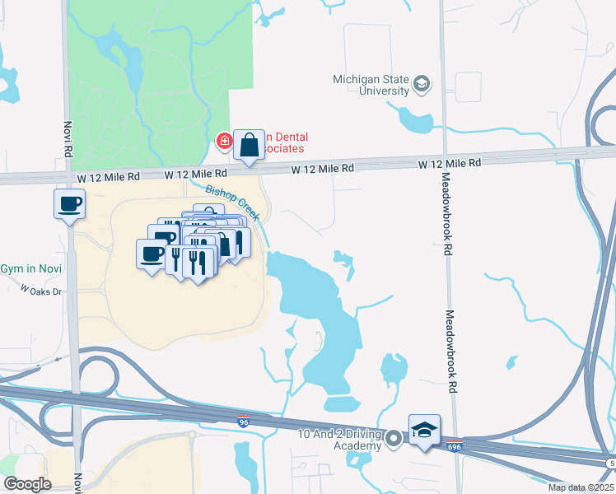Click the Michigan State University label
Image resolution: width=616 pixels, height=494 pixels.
[x=371, y=85]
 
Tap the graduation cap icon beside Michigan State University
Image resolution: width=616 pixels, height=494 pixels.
[x=422, y=84]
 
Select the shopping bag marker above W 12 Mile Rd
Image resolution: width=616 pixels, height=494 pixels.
[x=249, y=145]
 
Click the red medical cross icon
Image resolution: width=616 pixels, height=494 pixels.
[x=223, y=142]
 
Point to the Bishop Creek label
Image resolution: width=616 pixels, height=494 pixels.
[x=232, y=202]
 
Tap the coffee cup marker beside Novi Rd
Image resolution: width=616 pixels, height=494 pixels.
[x=70, y=203]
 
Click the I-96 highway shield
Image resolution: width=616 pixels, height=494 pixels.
[x=243, y=422]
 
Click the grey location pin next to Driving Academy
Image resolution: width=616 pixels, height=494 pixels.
[x=394, y=439]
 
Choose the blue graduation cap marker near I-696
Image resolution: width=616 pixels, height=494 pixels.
[x=424, y=431]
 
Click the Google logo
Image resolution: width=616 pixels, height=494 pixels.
[x=27, y=484]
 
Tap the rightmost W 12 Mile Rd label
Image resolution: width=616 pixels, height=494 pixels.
[x=449, y=164]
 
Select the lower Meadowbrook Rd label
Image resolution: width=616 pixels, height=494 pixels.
[x=450, y=353]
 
